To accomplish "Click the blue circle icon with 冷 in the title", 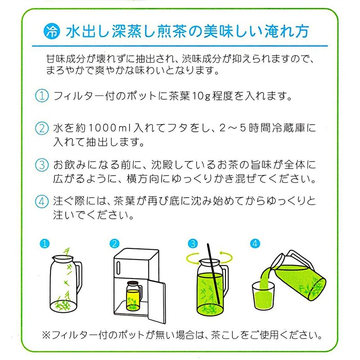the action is pos(52,31).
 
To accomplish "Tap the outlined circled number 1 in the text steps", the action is pos(42,96).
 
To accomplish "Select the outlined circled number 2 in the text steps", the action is pos(42,128).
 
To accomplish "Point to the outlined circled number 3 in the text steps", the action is pos(42,165).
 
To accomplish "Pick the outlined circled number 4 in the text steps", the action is pos(42,202).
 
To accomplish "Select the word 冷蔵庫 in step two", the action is pos(288,128).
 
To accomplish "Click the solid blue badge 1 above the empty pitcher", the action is pos(45,243).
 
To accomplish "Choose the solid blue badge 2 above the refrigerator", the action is pos(114,243).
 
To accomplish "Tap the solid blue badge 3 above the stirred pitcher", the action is pos(193,243).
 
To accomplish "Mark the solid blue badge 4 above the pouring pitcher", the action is pos(255,243).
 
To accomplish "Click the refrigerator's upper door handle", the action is pos(118,268).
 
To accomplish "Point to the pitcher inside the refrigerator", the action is pos(134,296).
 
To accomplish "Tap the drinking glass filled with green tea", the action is pos(263,296).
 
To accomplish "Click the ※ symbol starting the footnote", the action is pos(46,335).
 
